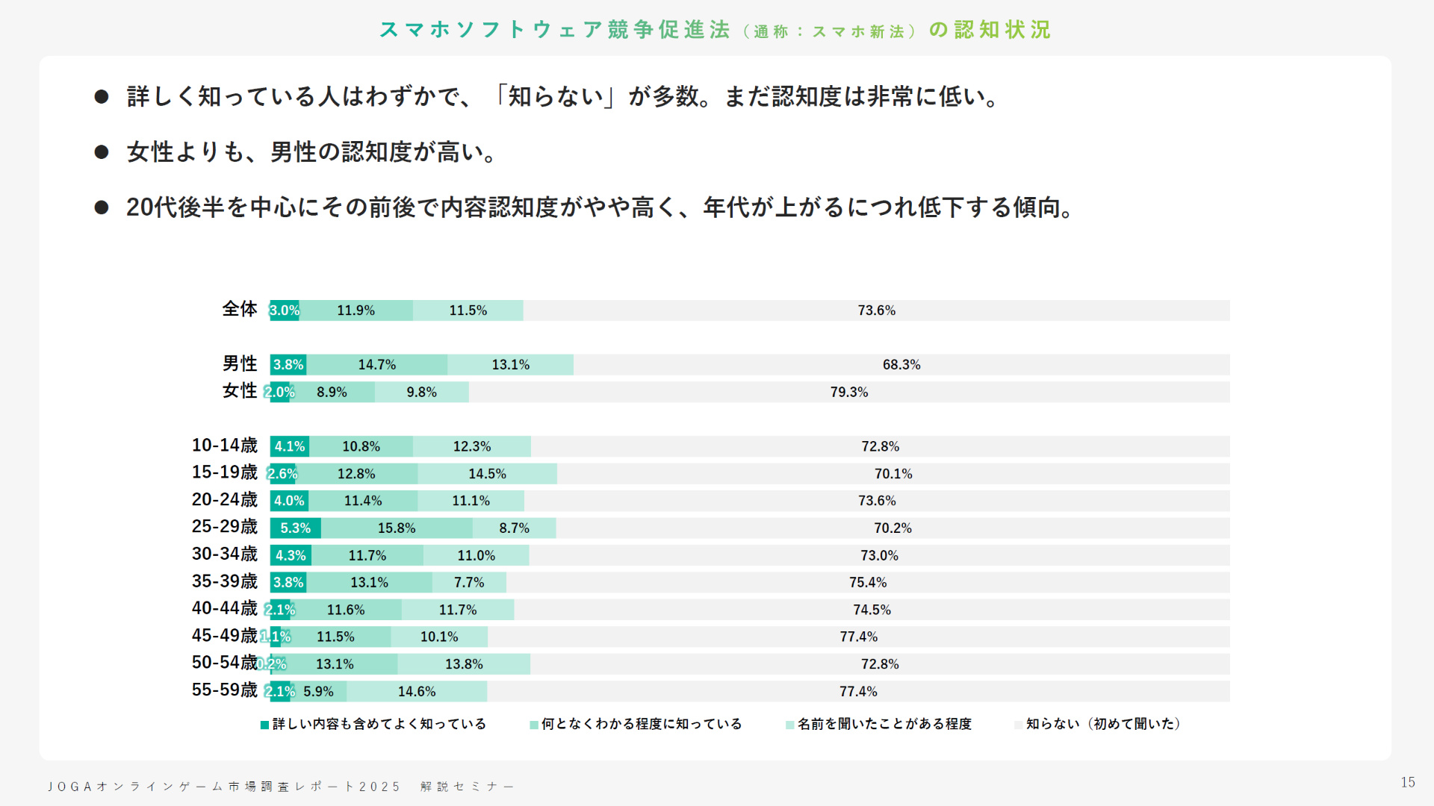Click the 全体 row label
coord(239,309)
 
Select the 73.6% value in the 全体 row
coord(876,310)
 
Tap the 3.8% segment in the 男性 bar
coord(288,365)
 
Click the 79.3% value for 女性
coord(849,392)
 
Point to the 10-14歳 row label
coord(224,446)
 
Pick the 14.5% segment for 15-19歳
coord(487,474)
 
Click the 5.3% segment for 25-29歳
coord(295,528)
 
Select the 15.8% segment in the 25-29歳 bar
coord(397,528)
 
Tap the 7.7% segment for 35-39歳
coord(469,582)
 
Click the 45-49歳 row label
coord(224,636)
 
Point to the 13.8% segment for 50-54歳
coord(464,664)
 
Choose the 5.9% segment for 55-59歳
coord(319,692)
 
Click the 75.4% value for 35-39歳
coord(868,582)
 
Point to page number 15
coord(1408,782)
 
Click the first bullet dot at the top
coord(102,97)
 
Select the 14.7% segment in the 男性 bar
coord(377,365)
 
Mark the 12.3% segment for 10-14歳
coord(472,446)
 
